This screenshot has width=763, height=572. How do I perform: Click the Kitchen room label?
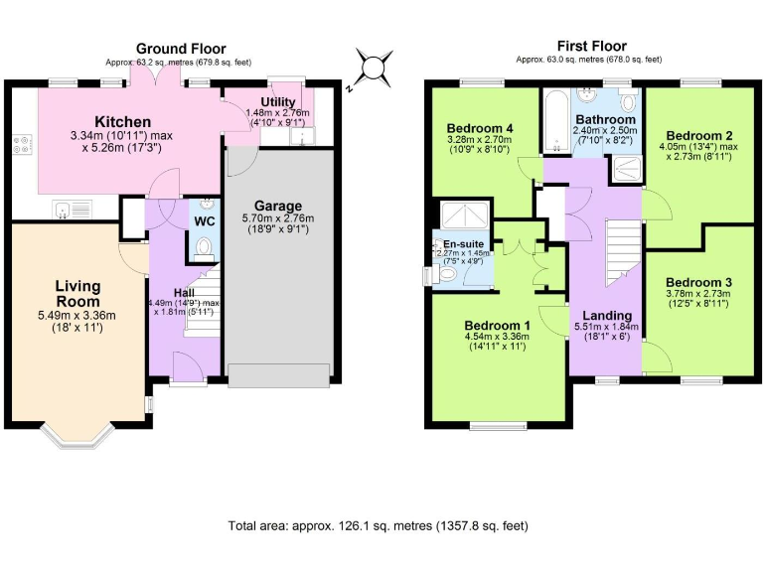[123, 121]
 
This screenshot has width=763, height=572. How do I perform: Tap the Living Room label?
[77, 294]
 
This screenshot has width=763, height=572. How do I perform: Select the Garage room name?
[277, 206]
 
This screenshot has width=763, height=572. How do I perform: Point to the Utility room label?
[277, 102]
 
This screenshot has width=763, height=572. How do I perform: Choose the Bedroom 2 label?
[699, 135]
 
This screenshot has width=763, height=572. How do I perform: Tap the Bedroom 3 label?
[699, 281]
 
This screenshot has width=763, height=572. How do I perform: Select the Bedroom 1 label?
[498, 326]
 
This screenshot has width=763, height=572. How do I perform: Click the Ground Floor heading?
[181, 48]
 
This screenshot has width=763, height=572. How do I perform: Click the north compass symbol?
[372, 68]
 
